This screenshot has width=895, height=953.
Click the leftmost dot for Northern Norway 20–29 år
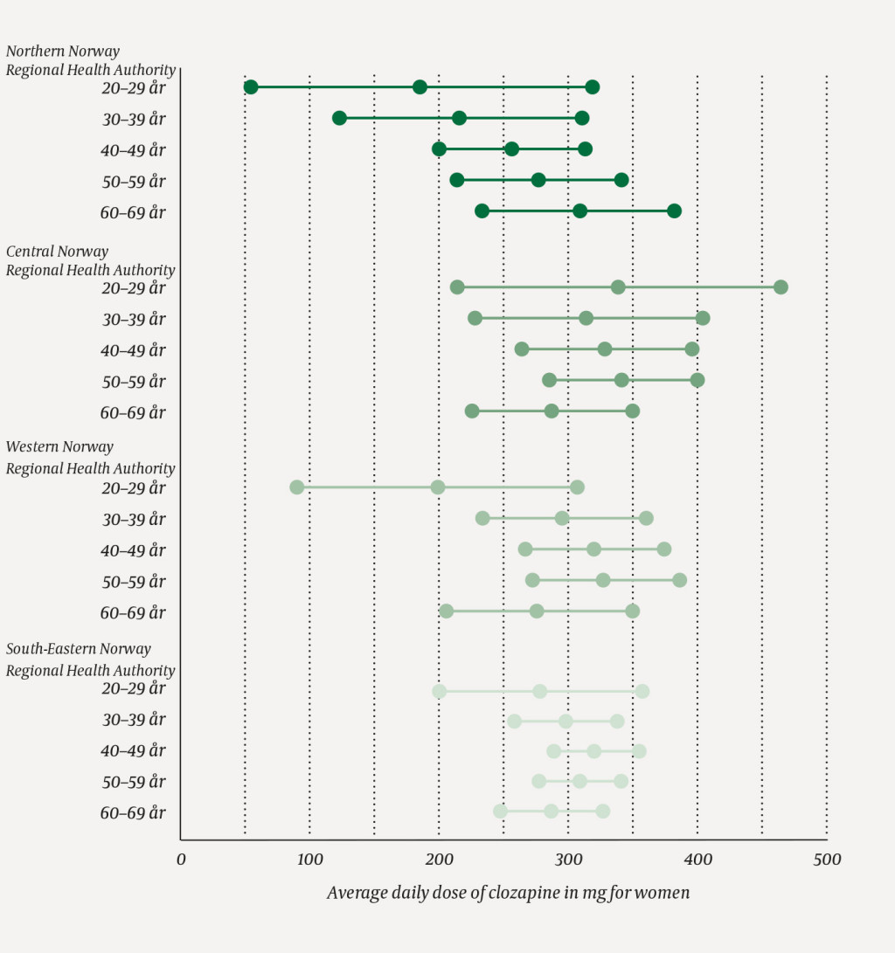[x=251, y=86]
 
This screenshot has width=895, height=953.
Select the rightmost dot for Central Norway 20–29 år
[x=781, y=287]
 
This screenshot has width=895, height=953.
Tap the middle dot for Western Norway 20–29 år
[x=438, y=487]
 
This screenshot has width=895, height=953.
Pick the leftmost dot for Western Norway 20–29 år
[x=297, y=487]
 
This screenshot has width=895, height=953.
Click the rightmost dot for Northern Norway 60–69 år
[x=674, y=211]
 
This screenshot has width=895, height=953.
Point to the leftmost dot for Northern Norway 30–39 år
[x=339, y=118]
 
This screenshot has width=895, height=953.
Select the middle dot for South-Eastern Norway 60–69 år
[x=551, y=811]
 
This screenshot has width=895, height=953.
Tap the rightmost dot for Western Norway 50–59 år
[x=679, y=580]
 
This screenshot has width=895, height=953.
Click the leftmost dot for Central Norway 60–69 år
[x=472, y=411]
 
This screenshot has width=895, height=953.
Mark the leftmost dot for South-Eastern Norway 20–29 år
[x=439, y=691]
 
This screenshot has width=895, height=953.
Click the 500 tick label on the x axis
[x=826, y=860]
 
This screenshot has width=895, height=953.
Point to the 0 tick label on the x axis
[x=181, y=860]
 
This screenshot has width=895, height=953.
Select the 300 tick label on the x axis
[x=568, y=860]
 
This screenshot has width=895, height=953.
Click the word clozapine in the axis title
[x=514, y=893]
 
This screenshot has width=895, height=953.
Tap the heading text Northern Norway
[x=63, y=52]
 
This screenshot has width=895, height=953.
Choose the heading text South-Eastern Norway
[x=79, y=649]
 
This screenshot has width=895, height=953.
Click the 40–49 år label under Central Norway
[x=133, y=350]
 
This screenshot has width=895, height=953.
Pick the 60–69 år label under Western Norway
[x=133, y=613]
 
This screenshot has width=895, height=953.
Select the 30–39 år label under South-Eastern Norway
[x=133, y=720]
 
